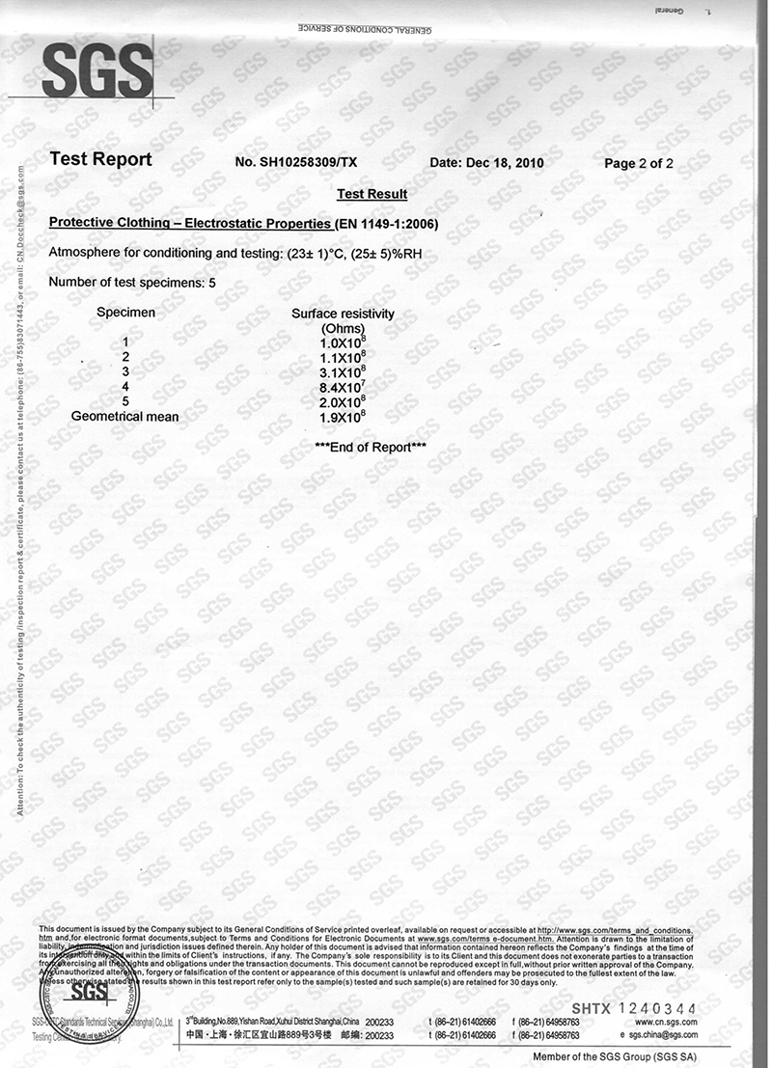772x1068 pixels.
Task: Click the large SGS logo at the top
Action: [97, 70]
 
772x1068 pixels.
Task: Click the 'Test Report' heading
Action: [100, 160]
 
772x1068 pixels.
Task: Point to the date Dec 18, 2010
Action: [486, 163]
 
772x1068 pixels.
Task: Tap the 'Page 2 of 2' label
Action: [639, 163]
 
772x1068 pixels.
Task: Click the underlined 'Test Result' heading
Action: [372, 194]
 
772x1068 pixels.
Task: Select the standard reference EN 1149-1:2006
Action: [387, 225]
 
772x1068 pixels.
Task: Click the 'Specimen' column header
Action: [125, 313]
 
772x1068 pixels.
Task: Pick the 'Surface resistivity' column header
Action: [343, 314]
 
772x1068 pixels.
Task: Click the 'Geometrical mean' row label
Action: [125, 417]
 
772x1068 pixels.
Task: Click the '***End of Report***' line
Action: [371, 447]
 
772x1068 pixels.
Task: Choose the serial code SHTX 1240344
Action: [633, 1009]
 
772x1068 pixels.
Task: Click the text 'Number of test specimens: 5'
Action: [132, 282]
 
